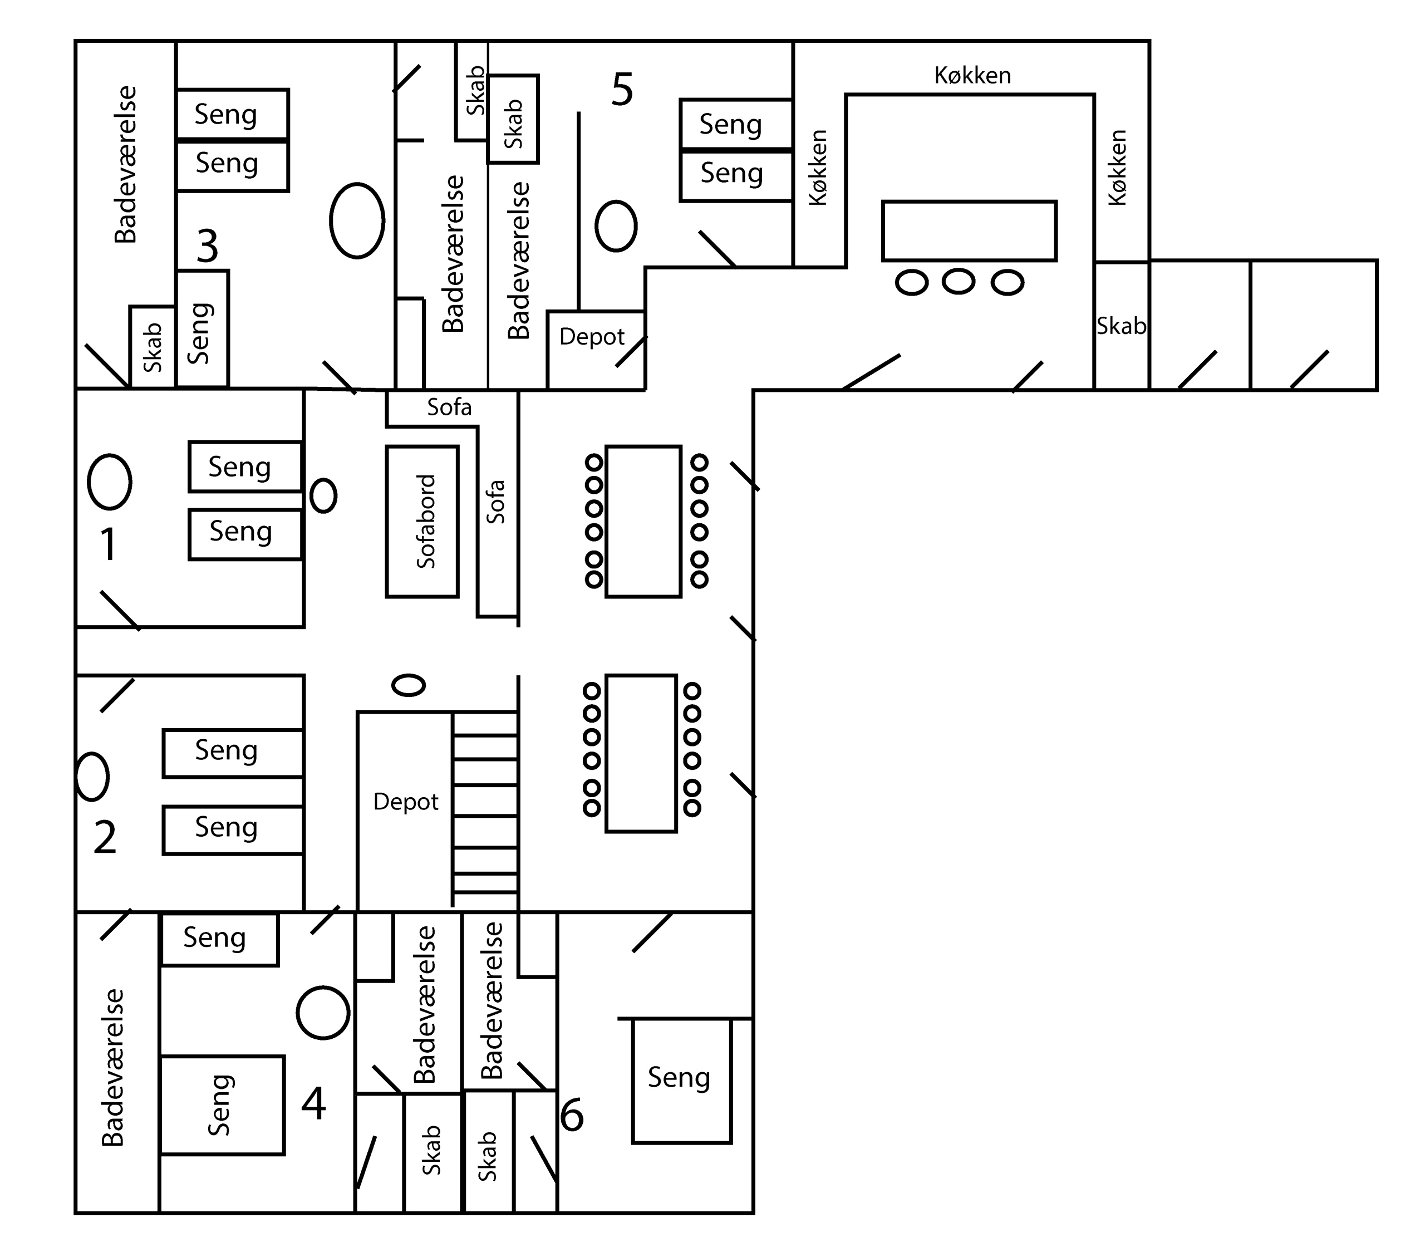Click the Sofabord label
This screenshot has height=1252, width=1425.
[425, 522]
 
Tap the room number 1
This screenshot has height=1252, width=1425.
[108, 544]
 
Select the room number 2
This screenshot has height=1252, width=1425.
[105, 837]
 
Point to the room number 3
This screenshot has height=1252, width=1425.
[207, 246]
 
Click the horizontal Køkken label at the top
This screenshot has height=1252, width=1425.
[972, 75]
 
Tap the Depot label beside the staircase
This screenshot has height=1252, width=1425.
[406, 802]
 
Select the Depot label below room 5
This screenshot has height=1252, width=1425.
[592, 337]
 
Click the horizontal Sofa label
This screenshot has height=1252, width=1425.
[449, 407]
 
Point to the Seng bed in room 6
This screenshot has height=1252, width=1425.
[682, 1081]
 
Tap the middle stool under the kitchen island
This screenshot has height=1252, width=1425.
[959, 282]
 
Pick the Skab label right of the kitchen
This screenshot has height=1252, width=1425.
[1121, 326]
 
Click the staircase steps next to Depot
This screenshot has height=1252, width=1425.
[485, 809]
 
